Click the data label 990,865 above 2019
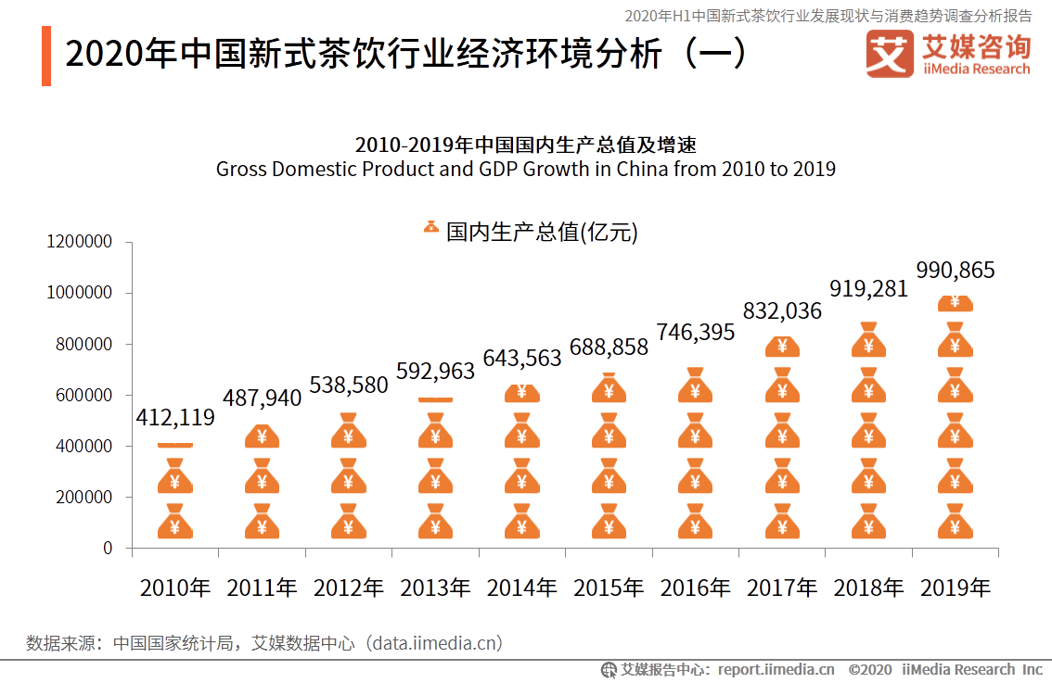coord(955,271)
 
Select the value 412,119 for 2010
coord(175,418)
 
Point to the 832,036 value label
coord(782,311)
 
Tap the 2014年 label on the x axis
coord(521,588)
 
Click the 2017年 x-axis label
coord(782,588)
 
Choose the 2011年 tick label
coord(262,588)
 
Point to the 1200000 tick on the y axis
coord(79,242)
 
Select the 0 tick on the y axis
coord(108,549)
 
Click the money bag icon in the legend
coord(431,227)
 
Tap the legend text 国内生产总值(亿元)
coord(542,232)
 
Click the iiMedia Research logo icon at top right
coord(889,55)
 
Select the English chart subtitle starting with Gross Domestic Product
coord(525,170)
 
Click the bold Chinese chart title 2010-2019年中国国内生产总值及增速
coord(525,145)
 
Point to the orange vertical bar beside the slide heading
coord(46,57)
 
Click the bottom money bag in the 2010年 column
coord(175,523)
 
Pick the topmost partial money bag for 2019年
coord(955,303)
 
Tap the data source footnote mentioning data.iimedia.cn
coord(264,642)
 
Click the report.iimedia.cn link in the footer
coord(776,669)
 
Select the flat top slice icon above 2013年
coord(435,400)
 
